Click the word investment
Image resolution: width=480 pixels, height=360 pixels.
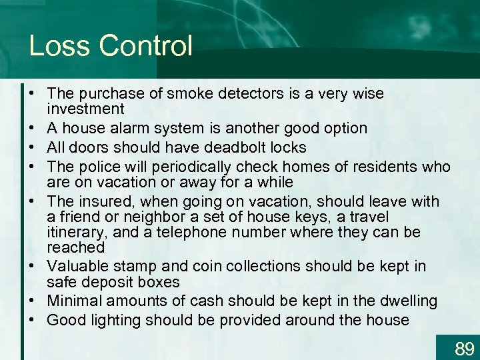tap(86, 109)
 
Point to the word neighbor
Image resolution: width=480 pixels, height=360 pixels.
tap(133, 217)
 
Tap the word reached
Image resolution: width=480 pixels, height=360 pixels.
tap(76, 247)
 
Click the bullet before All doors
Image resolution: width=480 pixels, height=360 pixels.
tap(32, 147)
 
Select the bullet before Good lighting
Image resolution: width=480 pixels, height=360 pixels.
tap(32, 320)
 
